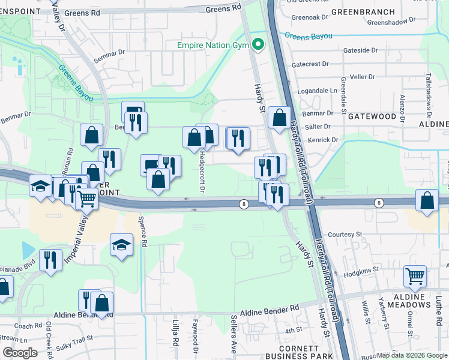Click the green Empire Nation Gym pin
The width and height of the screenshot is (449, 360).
tap(259, 44)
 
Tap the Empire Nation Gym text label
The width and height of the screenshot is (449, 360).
tap(214, 45)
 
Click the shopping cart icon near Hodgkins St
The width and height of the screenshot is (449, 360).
tap(415, 276)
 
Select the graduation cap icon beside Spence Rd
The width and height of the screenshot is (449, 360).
tap(121, 244)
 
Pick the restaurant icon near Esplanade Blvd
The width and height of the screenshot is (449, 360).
tap(50, 260)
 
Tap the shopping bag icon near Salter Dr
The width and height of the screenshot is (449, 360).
tap(279, 118)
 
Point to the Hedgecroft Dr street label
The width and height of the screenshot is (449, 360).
tap(202, 172)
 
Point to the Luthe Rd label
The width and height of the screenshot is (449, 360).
tap(438, 307)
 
